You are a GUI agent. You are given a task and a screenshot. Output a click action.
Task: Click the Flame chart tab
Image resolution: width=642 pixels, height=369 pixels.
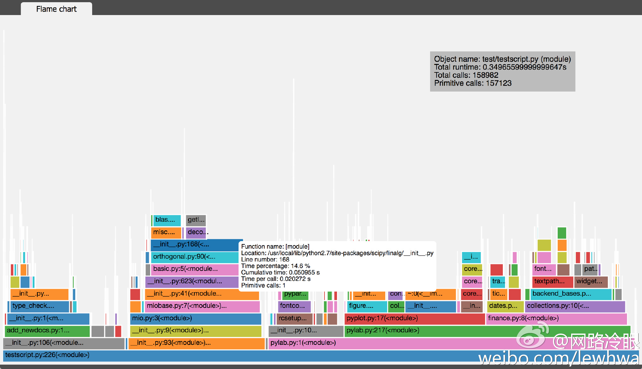coord(56,9)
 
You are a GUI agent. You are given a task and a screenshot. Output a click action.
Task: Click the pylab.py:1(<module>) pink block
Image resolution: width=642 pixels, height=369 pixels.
coord(376,343)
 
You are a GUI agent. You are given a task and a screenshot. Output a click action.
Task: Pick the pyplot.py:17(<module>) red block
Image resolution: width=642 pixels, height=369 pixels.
coord(414,319)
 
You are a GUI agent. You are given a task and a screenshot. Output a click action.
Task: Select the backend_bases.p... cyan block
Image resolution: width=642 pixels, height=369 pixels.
coord(571,294)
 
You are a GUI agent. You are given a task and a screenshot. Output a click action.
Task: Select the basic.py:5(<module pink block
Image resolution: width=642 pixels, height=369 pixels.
coord(194,269)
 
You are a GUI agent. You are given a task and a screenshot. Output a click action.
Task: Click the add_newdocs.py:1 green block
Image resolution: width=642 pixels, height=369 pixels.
coord(47,330)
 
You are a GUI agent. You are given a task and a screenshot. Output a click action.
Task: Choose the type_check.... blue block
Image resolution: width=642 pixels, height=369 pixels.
coord(39,306)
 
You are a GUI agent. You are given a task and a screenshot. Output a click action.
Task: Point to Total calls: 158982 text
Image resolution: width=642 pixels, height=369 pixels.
coord(466,75)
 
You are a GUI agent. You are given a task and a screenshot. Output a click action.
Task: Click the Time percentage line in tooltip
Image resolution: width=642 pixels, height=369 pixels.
coord(276,266)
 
